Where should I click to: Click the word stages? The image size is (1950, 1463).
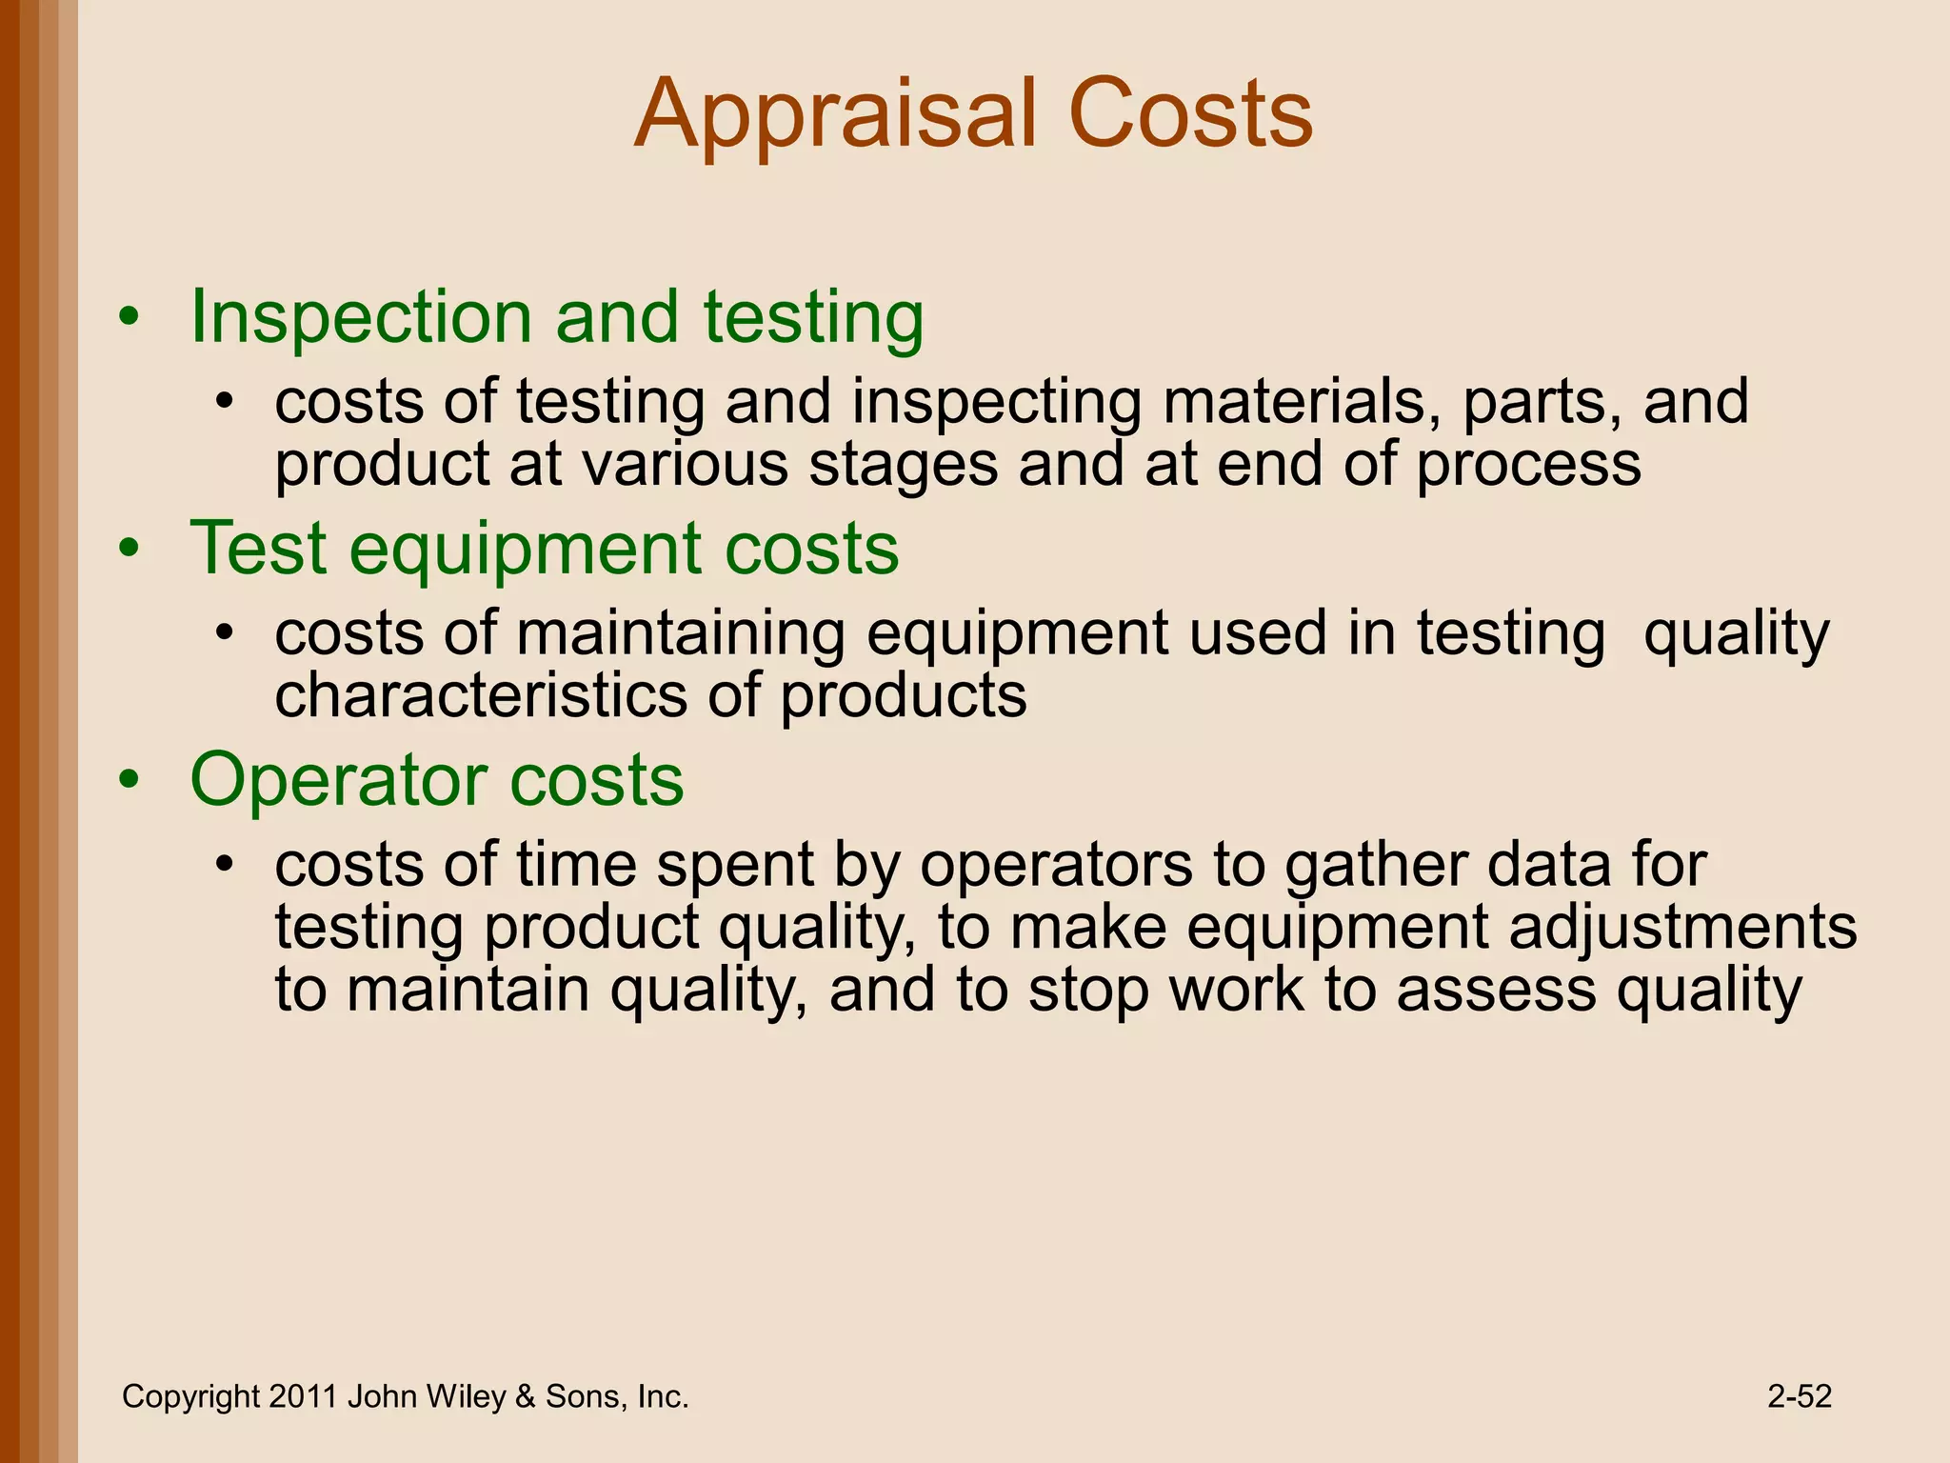point(903,465)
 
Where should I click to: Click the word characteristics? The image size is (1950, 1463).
point(480,696)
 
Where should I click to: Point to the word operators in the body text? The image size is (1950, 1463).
point(1056,866)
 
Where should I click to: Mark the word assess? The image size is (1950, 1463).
point(1496,991)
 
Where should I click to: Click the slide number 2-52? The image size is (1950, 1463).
point(1799,1396)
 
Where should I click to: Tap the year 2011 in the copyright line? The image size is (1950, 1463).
point(302,1396)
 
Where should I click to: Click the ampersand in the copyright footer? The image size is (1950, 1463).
point(525,1397)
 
